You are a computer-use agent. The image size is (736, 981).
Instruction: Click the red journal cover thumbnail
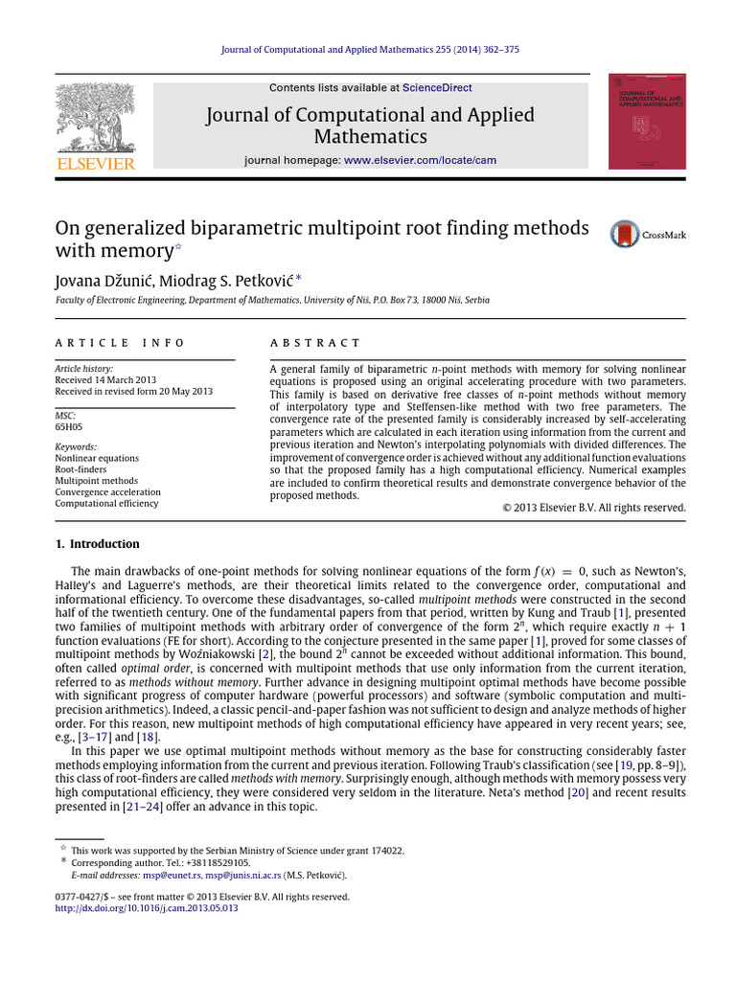[x=647, y=122]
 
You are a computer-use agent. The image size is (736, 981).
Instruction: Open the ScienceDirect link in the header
[x=437, y=88]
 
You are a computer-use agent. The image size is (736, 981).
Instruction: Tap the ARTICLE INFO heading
[x=119, y=342]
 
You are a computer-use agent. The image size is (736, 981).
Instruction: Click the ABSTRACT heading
[x=315, y=342]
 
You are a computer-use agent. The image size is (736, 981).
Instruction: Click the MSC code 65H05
[x=70, y=427]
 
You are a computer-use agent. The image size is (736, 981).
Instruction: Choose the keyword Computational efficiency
[x=107, y=503]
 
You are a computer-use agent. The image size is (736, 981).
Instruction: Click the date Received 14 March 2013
[x=108, y=379]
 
